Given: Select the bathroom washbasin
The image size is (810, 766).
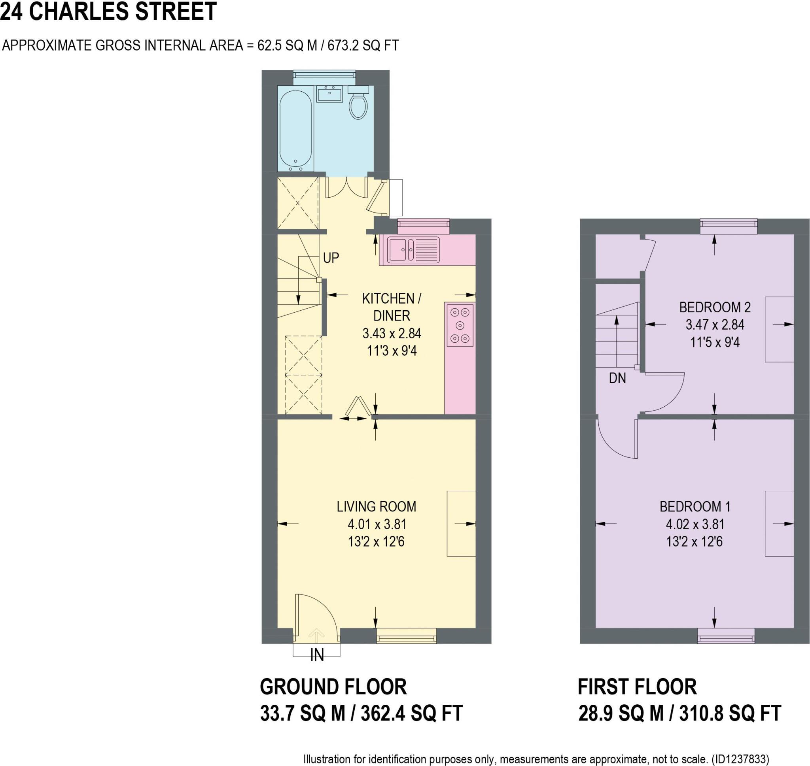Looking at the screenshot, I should click(329, 94).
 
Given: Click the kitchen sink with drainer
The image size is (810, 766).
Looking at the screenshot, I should click(413, 249).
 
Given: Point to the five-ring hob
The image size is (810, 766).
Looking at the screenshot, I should click(460, 325).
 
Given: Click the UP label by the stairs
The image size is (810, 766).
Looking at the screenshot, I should click(331, 258).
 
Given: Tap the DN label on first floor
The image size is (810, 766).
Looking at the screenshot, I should click(617, 379).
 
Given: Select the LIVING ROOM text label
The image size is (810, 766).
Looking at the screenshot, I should click(376, 507).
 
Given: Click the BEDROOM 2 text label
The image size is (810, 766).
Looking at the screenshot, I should click(715, 307).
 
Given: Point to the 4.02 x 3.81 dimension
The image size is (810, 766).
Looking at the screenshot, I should click(695, 524).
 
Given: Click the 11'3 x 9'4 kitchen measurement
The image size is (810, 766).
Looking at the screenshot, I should click(392, 351).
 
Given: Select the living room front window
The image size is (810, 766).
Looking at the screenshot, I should click(406, 636).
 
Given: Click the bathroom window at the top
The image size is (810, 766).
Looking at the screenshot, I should click(324, 75).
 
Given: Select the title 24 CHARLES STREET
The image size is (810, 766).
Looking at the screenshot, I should click(108, 11).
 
